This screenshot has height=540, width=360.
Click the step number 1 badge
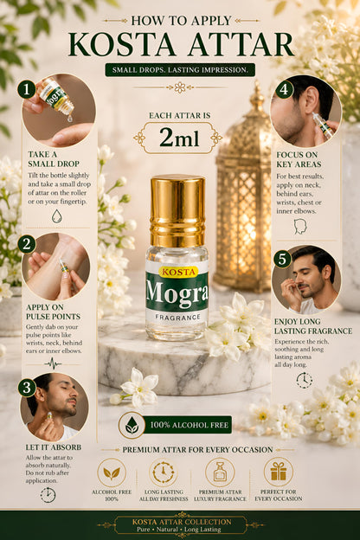point(27,89)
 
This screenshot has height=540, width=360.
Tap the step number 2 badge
point(27,245)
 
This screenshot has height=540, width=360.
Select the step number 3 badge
point(27,388)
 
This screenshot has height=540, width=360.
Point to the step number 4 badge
point(284,89)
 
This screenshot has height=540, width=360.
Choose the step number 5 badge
point(282,259)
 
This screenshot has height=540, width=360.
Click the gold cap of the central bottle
point(177,211)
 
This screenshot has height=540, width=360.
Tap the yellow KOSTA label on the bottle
point(178,272)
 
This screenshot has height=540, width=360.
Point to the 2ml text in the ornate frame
point(179,138)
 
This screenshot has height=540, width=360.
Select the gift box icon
point(279,472)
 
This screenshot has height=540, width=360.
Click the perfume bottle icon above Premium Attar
point(220,472)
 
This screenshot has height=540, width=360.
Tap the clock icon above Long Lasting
point(164,472)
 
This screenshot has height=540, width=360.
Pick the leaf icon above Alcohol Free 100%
point(112,473)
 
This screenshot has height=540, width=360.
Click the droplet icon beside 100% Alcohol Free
point(132,425)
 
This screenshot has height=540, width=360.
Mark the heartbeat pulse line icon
point(53,363)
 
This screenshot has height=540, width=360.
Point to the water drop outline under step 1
point(57,216)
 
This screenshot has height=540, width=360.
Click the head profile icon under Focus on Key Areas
point(300,227)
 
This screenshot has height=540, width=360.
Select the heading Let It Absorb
point(54,447)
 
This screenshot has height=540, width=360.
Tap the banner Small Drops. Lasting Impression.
point(180,70)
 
